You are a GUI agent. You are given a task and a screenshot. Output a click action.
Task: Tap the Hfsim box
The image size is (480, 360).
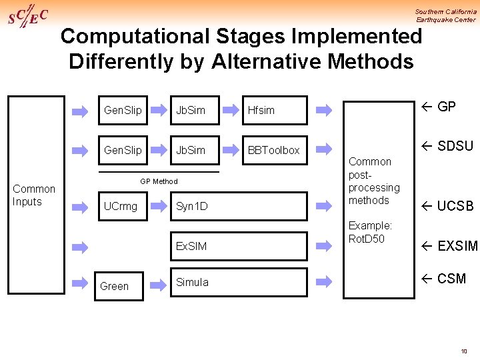click(x=273, y=111)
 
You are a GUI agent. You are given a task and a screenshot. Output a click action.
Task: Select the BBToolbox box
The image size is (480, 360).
click(x=273, y=151)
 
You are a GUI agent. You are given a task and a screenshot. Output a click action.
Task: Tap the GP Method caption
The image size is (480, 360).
click(x=159, y=181)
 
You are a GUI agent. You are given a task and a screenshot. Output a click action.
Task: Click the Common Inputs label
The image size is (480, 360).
click(x=34, y=195)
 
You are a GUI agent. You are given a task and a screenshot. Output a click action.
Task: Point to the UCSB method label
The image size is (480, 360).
click(x=447, y=206)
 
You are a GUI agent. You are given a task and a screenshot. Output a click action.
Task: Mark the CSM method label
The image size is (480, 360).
click(x=443, y=279)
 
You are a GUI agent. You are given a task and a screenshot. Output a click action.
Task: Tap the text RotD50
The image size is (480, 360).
click(x=367, y=239)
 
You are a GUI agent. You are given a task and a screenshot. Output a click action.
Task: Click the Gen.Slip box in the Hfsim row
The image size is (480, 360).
click(x=123, y=111)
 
